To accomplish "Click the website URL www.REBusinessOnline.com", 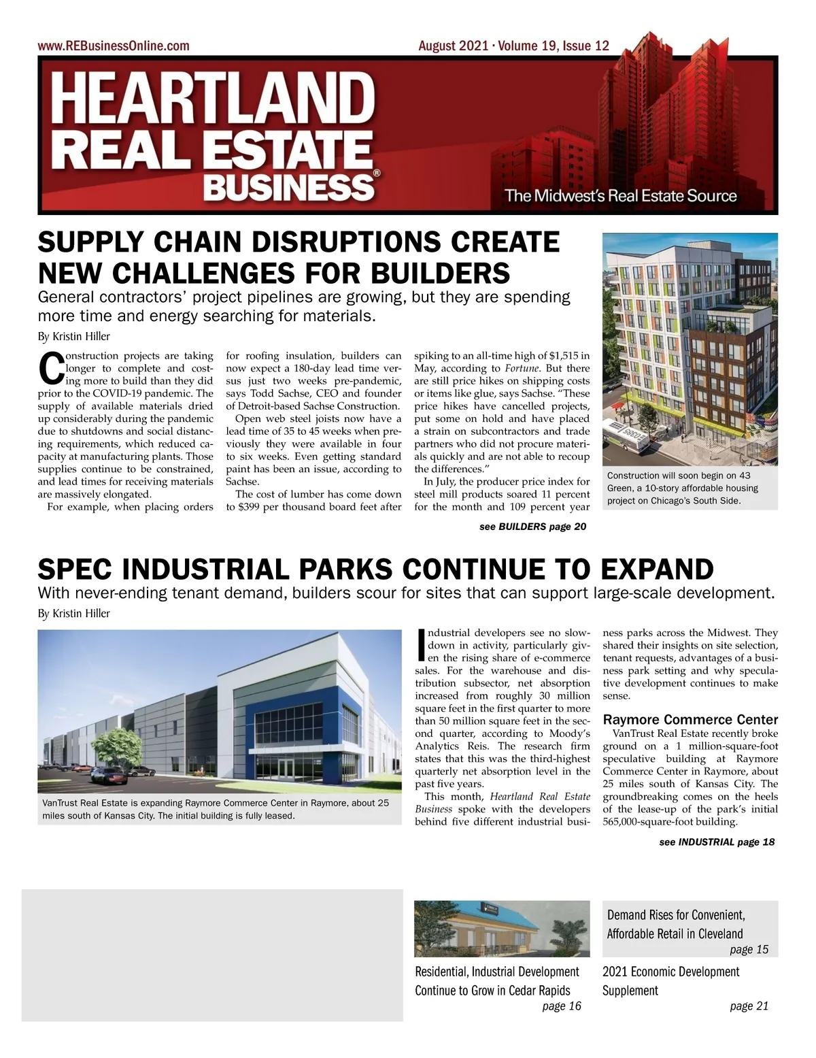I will coord(114,46).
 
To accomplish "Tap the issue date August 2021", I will coord(453,46).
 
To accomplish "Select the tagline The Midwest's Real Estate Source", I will coord(620,196).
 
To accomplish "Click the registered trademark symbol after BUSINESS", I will coord(376,174).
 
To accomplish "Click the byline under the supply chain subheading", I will coord(73,336).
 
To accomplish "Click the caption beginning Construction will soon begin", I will coord(682,489).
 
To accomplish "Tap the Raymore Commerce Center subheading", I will coord(690,719).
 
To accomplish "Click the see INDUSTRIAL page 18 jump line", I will coord(716,842).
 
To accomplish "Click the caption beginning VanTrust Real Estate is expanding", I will coord(216,809).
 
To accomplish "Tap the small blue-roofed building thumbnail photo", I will coord(502,929).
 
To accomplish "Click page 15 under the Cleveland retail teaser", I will coord(749,949).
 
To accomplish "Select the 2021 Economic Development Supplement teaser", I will coord(670,980).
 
